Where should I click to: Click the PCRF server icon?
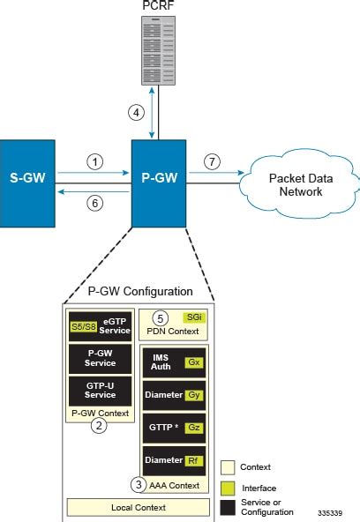154,51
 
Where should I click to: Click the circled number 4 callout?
136,112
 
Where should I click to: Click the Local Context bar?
143,508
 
